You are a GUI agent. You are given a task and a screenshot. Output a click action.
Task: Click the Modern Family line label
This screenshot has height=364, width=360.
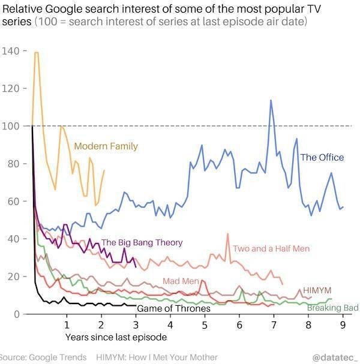click(x=106, y=146)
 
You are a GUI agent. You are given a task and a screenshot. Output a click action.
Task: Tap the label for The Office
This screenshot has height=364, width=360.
click(x=322, y=158)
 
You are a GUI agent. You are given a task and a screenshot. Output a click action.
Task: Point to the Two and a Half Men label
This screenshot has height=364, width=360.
click(x=271, y=248)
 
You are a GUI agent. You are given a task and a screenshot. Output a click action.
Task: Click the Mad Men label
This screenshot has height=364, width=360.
click(x=180, y=281)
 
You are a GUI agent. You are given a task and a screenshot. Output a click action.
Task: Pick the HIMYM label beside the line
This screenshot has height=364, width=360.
click(x=317, y=290)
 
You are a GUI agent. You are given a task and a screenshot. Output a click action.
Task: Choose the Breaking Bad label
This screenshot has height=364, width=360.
click(x=332, y=308)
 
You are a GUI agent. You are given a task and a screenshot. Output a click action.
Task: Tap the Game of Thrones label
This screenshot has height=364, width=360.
click(x=173, y=309)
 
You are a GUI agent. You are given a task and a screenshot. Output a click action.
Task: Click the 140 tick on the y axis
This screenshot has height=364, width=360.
click(x=11, y=51)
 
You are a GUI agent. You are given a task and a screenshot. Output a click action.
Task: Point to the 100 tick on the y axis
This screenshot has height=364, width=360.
click(x=11, y=126)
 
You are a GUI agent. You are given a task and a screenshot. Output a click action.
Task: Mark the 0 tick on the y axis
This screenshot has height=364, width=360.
click(x=17, y=314)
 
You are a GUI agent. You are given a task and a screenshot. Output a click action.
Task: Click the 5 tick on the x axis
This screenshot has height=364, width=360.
click(x=205, y=326)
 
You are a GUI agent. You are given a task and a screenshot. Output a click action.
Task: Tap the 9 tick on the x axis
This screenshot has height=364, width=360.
click(x=343, y=326)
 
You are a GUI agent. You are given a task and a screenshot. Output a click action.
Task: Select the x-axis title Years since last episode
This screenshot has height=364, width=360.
click(x=112, y=338)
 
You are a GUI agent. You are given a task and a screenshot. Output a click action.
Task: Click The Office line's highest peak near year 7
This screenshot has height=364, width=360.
click(x=271, y=100)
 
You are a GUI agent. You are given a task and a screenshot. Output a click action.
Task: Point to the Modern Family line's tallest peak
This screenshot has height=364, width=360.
click(x=37, y=53)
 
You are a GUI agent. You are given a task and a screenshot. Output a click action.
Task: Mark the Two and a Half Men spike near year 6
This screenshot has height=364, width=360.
click(x=228, y=234)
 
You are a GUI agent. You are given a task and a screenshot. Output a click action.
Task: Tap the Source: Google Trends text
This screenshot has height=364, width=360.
click(x=43, y=357)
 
